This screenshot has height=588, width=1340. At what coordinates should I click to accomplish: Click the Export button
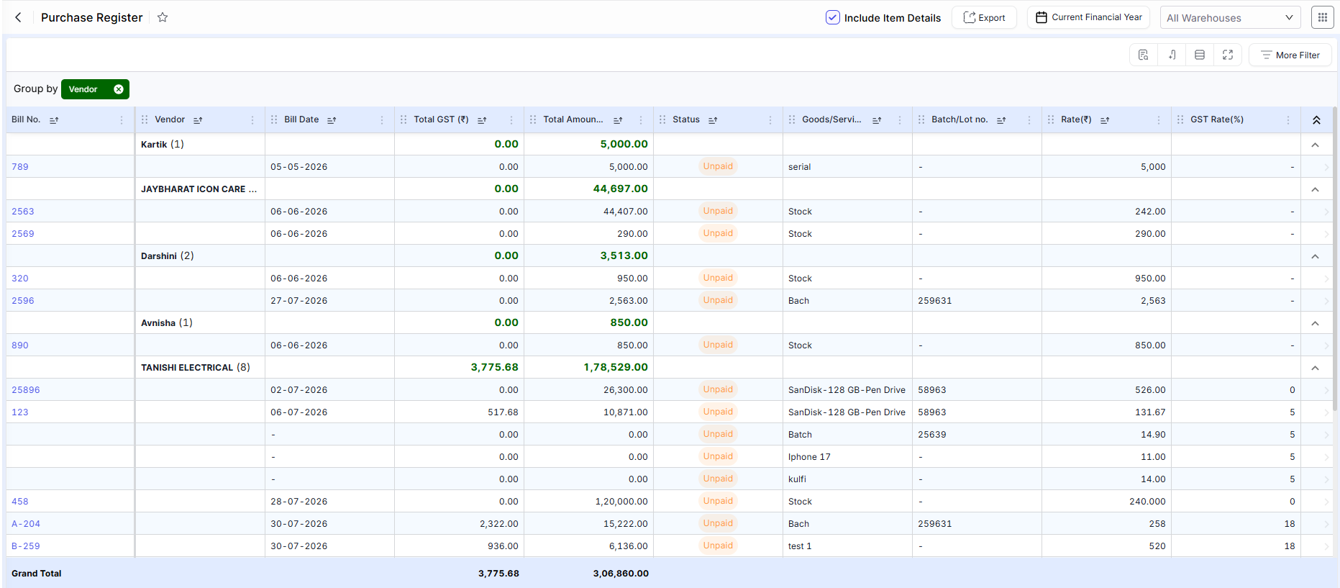984,17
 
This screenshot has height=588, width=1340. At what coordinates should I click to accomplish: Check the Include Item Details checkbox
832,17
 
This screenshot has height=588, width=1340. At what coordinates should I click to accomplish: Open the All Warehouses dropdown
1230,17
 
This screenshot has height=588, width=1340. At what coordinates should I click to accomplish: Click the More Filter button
1290,55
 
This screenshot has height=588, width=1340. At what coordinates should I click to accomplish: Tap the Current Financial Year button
1088,17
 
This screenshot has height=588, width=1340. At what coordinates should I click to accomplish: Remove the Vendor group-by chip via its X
119,89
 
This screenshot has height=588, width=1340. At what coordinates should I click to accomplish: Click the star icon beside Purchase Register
163,17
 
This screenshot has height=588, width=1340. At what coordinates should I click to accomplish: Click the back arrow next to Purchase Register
19,17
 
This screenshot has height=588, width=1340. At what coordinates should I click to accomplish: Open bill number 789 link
20,167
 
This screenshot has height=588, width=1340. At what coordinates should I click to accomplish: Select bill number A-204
26,524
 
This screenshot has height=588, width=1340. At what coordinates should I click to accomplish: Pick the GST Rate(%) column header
1217,119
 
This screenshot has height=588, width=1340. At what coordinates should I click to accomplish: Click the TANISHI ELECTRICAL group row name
187,368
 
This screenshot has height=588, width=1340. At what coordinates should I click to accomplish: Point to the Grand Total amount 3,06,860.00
621,574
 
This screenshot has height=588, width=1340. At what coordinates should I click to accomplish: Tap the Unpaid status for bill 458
718,501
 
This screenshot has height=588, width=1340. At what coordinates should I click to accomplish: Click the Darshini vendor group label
159,256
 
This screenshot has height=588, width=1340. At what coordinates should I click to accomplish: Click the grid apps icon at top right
1322,17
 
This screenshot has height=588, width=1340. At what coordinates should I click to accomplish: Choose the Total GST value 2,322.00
499,524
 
